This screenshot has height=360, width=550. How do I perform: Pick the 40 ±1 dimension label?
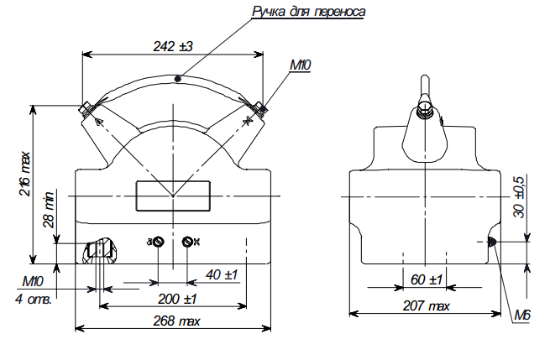(x=222, y=274)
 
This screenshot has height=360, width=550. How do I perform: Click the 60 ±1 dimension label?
(x=427, y=279)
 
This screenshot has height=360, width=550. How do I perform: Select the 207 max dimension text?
(x=427, y=308)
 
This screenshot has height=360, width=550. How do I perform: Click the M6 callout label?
(x=522, y=316)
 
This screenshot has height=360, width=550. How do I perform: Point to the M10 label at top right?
(x=301, y=65)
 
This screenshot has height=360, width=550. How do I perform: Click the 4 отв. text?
(x=34, y=298)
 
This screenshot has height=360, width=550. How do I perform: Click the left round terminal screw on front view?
(x=157, y=243)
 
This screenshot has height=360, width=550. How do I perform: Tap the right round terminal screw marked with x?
(x=189, y=243)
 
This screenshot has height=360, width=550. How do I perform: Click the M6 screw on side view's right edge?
(x=493, y=243)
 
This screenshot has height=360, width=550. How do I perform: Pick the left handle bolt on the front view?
(x=86, y=108)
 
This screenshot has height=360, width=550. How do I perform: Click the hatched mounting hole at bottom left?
(x=99, y=249)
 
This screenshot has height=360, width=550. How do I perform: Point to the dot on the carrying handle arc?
(x=176, y=79)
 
